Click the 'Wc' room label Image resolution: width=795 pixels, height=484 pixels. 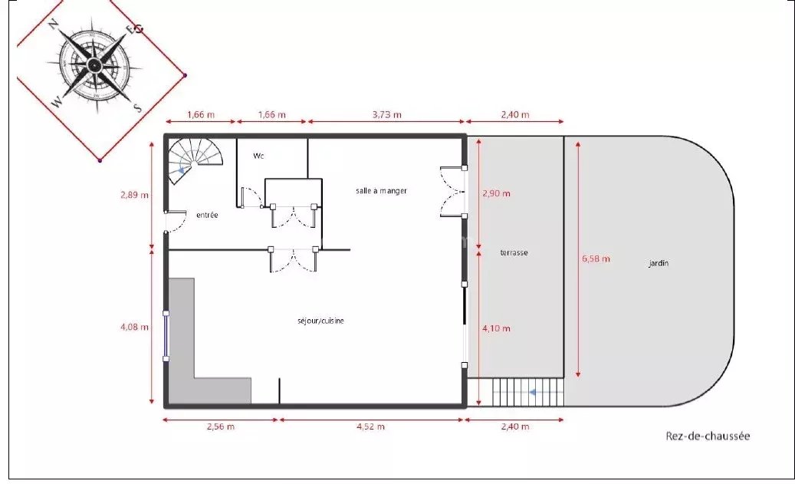[258, 156]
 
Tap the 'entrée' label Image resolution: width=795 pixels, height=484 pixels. [207, 215]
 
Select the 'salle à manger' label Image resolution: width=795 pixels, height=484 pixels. [381, 191]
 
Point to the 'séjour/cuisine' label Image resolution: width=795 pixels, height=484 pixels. [320, 321]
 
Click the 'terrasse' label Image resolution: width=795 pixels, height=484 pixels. [514, 252]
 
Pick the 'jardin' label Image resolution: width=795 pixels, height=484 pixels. [659, 263]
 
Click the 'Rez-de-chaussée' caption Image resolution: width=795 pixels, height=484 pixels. [708, 436]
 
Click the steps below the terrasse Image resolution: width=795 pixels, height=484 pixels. [527, 392]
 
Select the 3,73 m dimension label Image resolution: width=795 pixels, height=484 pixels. [387, 114]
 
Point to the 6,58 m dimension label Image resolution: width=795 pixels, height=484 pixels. [596, 258]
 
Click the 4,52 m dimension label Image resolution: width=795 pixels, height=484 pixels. [370, 426]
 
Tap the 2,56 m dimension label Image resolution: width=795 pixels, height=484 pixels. [221, 426]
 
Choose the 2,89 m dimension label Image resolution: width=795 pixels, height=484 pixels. [134, 195]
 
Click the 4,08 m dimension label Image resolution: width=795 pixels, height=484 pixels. [134, 328]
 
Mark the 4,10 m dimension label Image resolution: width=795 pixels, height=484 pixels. [496, 328]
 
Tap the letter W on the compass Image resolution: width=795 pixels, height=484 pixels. [57, 102]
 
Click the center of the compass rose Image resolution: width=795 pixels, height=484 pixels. [94, 64]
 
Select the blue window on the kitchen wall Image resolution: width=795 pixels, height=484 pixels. [166, 337]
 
